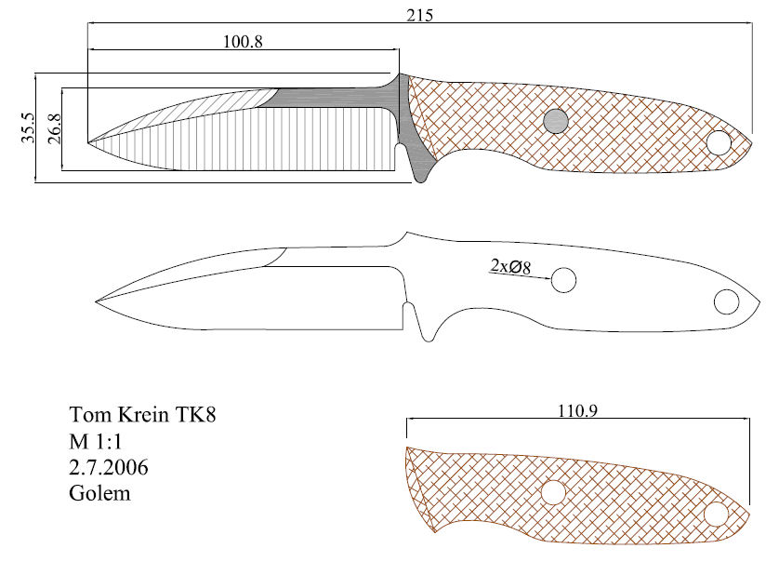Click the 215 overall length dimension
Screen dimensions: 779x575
(420, 16)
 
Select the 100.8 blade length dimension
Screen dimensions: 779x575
(243, 42)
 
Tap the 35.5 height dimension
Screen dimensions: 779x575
(28, 127)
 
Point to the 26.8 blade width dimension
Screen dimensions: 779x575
(55, 128)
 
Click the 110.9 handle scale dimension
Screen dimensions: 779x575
(577, 411)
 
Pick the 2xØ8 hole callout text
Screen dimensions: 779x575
(510, 267)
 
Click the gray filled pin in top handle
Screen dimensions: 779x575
(556, 121)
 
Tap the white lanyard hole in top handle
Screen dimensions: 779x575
(719, 142)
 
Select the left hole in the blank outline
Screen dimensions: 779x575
(563, 279)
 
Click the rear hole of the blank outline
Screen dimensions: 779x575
(726, 302)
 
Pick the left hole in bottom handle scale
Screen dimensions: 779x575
(553, 492)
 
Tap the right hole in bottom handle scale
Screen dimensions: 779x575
(716, 514)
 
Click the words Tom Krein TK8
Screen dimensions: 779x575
(142, 414)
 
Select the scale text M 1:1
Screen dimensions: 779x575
(96, 441)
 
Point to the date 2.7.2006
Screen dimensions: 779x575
(109, 467)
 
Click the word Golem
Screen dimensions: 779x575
(99, 493)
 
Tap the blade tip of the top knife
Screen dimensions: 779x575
(88, 142)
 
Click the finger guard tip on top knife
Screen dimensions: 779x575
(421, 180)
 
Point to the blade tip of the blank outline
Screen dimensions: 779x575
(96, 301)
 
